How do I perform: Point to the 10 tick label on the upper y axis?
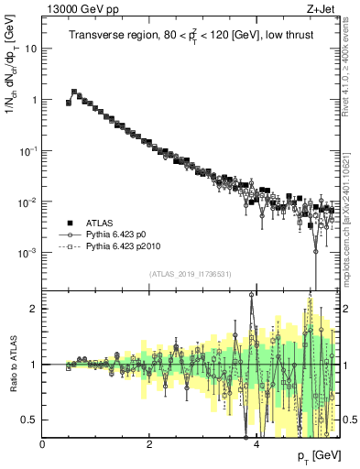[31, 49]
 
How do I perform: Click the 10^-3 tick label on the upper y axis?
[27, 252]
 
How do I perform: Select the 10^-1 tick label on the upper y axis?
[27, 150]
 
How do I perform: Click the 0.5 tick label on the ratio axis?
[29, 420]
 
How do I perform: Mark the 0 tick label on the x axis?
[43, 443]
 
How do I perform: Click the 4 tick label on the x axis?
[256, 443]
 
